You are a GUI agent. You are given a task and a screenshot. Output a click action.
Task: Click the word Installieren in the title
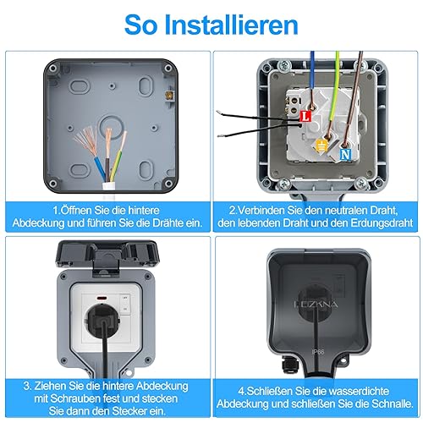231,25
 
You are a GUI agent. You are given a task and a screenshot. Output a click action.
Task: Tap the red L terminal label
305,116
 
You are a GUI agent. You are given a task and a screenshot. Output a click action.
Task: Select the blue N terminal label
345,154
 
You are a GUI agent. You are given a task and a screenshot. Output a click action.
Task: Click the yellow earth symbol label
321,146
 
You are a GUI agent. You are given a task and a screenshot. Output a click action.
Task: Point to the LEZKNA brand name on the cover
316,305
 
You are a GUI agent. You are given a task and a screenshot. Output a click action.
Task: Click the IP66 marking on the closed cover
318,352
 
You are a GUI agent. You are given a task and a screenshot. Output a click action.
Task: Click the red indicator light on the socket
101,298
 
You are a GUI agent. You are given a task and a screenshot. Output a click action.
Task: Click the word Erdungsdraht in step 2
382,223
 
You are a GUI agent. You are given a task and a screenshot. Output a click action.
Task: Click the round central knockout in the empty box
111,127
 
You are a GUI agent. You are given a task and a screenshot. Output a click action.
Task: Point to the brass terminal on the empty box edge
170,96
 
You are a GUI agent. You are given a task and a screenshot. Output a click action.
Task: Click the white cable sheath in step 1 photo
109,190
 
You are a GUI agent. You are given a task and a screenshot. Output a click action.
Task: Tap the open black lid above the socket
107,255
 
